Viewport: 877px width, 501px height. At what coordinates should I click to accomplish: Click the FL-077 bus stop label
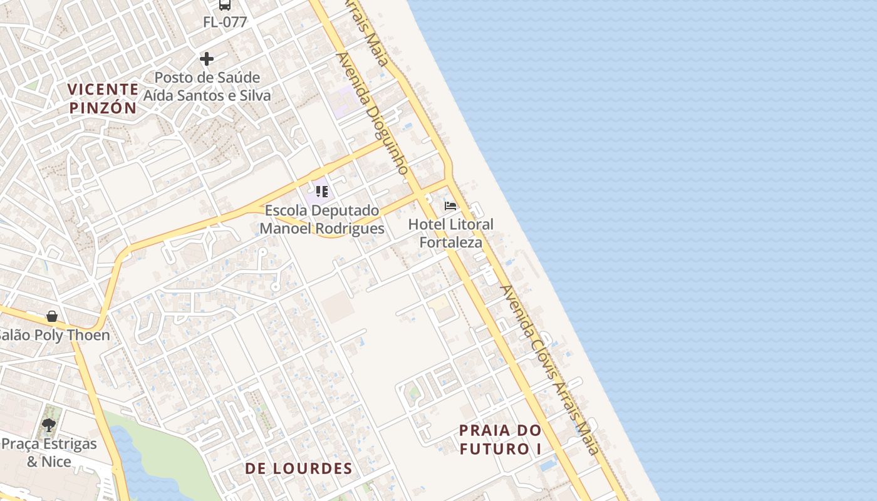click(225, 22)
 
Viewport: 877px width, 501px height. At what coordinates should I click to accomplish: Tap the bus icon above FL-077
click(224, 5)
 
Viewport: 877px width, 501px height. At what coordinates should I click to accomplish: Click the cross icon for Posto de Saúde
click(207, 59)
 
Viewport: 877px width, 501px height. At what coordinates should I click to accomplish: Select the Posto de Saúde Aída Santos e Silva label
click(207, 86)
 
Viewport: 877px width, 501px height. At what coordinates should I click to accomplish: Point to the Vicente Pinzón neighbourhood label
click(103, 98)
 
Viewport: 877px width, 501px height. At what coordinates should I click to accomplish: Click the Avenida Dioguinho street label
click(372, 113)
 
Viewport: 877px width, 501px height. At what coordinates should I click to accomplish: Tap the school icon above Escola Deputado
click(322, 191)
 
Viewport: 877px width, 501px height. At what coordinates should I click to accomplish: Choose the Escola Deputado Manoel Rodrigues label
click(322, 219)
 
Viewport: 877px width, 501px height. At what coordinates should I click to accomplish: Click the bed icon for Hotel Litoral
click(450, 205)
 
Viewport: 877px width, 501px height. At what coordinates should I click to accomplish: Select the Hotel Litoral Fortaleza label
click(451, 233)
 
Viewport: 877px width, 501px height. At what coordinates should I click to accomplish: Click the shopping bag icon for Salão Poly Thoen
click(52, 316)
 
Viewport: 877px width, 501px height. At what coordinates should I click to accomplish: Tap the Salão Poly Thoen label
click(54, 335)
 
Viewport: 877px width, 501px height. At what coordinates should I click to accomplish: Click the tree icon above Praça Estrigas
click(49, 425)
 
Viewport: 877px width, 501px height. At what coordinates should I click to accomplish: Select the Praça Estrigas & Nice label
click(49, 453)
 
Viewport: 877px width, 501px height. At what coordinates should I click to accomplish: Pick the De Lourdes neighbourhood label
click(299, 468)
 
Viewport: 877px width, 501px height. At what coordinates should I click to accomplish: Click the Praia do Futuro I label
click(500, 440)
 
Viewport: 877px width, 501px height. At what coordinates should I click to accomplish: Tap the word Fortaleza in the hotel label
click(451, 242)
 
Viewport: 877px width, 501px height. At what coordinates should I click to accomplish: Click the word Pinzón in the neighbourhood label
click(103, 108)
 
